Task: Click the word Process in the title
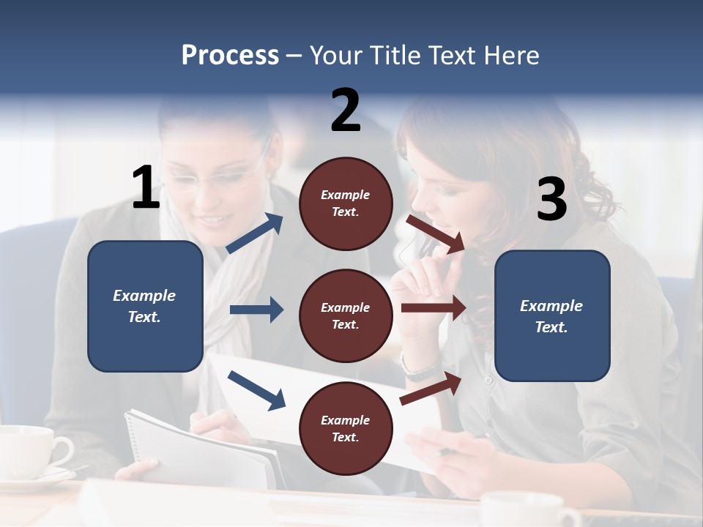tap(230, 55)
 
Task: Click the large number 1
tap(146, 188)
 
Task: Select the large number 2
tap(346, 111)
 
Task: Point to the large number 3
tap(551, 200)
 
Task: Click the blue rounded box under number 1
tap(145, 306)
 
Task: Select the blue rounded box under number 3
tap(552, 315)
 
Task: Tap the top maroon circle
tap(346, 203)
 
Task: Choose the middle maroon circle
tap(346, 315)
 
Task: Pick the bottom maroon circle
tap(346, 428)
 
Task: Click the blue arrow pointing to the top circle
tap(255, 233)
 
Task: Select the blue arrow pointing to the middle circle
tap(256, 310)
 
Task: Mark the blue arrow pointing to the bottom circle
tap(256, 390)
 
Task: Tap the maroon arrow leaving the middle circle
tap(433, 308)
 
